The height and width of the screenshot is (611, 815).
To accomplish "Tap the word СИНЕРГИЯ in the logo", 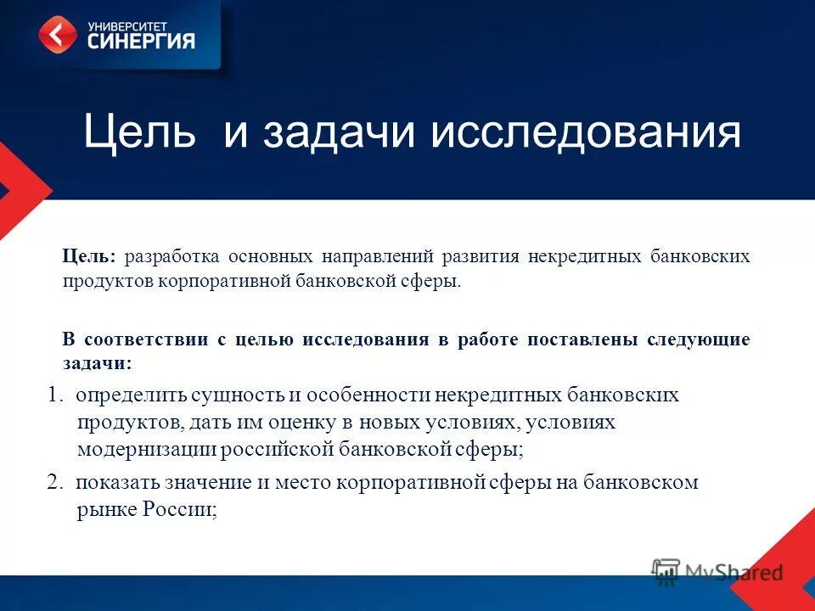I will coord(142,41).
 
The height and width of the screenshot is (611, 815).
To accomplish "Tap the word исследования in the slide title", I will coord(586,133).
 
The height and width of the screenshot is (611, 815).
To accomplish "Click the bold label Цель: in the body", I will coord(92,255).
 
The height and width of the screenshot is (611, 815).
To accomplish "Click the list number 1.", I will coord(54,395).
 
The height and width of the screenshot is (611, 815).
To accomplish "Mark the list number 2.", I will coord(54,483).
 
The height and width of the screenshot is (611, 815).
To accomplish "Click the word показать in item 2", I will coord(115,483).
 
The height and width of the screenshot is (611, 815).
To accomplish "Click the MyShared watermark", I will coord(717,571).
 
